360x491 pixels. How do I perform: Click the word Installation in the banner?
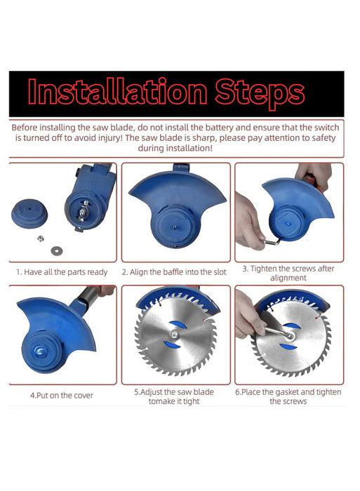point(117,91)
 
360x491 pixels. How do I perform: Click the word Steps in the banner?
point(260,93)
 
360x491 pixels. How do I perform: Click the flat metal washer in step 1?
point(57,250)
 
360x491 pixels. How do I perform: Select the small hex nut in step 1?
point(41,238)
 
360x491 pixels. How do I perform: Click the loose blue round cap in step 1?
point(29,213)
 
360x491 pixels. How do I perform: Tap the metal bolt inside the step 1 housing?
point(82,213)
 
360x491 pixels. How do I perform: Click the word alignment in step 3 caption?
point(288,278)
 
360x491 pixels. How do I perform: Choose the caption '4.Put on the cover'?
point(62,396)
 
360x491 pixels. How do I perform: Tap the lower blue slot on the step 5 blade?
point(172,345)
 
